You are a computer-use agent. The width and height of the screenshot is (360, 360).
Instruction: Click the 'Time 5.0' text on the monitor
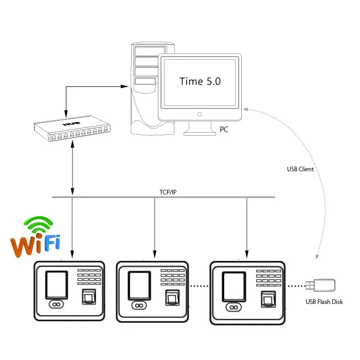coord(200,81)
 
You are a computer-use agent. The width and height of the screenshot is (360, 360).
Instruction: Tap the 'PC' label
coord(224,130)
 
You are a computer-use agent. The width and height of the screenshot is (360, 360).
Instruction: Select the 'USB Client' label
coord(300,169)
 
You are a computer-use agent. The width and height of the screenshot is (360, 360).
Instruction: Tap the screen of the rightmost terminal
coord(233,285)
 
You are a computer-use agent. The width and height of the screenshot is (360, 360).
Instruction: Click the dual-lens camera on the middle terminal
coord(137,305)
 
